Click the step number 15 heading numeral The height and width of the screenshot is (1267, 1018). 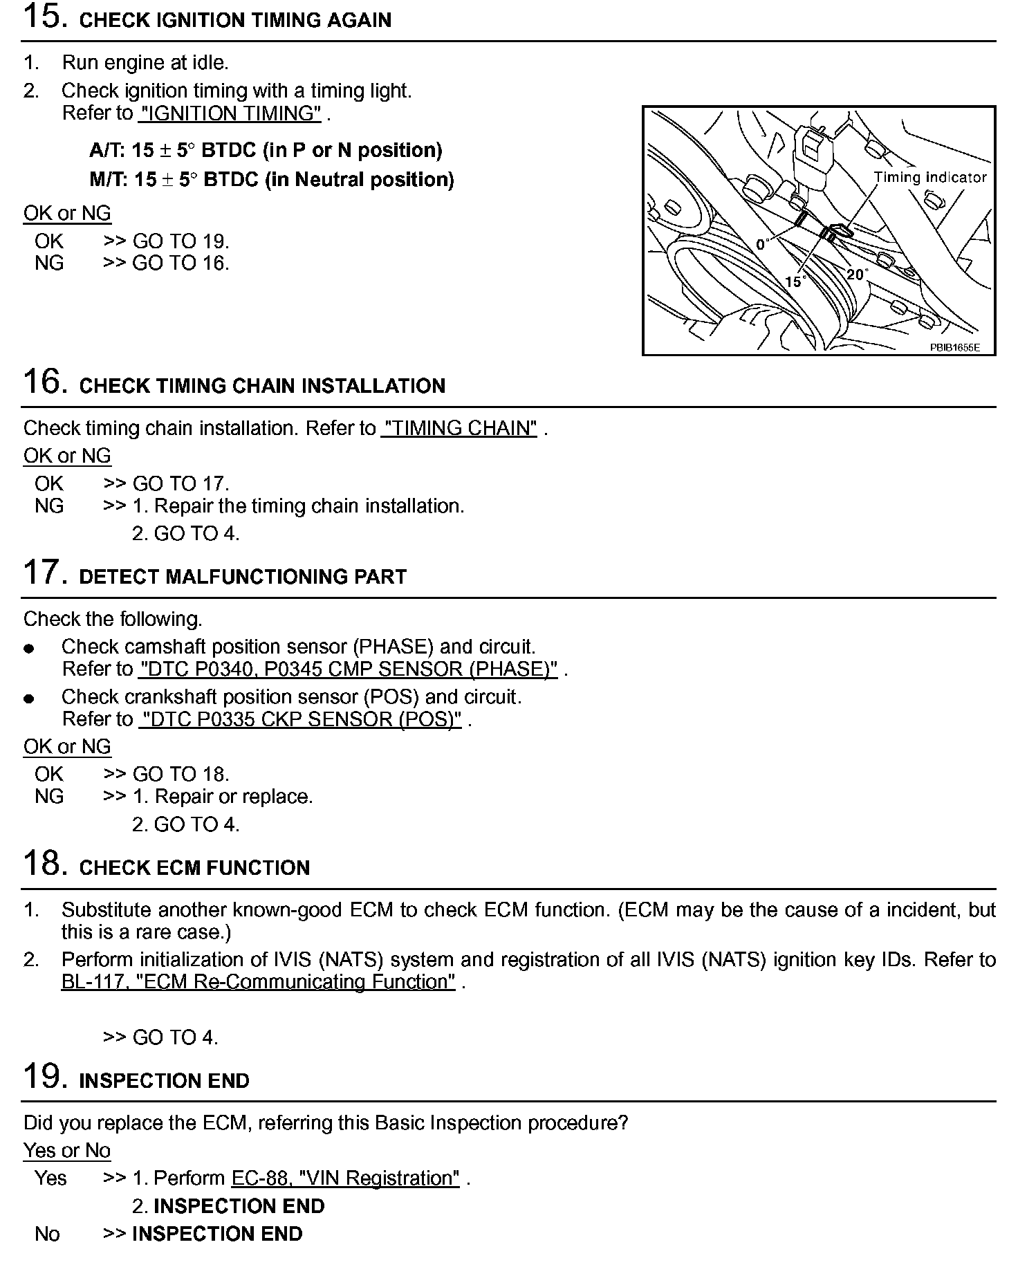(44, 16)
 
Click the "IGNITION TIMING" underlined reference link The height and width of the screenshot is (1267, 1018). (230, 113)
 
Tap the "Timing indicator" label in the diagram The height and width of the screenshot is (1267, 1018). (929, 177)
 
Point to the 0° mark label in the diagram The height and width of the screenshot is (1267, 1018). (763, 244)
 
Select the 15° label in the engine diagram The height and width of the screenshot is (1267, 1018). (795, 281)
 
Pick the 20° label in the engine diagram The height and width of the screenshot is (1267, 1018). (856, 275)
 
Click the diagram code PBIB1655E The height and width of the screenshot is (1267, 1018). (954, 347)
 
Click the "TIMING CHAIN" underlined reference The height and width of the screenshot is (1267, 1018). (459, 428)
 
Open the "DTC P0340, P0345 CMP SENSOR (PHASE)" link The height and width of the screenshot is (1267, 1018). (349, 669)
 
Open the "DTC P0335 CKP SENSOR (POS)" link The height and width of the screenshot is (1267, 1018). (300, 719)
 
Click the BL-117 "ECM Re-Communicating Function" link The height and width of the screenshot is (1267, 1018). (258, 981)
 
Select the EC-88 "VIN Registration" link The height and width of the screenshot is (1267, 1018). (345, 1178)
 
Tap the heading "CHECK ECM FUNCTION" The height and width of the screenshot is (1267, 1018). (194, 868)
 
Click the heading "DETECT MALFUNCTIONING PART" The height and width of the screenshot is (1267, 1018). (243, 577)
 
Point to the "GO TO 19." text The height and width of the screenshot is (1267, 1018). (181, 241)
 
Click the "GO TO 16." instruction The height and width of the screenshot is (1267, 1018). (181, 263)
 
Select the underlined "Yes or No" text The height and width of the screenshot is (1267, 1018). (66, 1150)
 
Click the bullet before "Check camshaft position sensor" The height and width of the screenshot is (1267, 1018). (28, 649)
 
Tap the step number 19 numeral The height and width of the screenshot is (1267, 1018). (44, 1076)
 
